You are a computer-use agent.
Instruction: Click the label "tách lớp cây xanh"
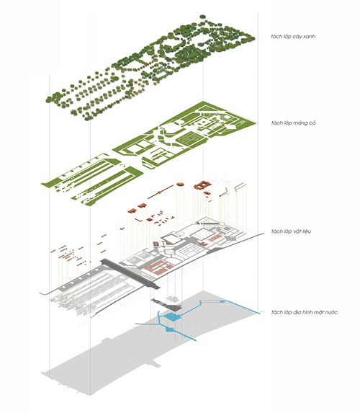pyautogui.click(x=293, y=36)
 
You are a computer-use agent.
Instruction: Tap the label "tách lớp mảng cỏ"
pyautogui.click(x=294, y=123)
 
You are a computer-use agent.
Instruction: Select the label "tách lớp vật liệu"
pyautogui.click(x=291, y=231)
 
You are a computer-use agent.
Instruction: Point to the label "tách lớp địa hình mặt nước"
pyautogui.click(x=305, y=312)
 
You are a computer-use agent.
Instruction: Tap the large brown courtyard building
pyautogui.click(x=202, y=185)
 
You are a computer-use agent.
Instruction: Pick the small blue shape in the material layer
pyautogui.click(x=122, y=228)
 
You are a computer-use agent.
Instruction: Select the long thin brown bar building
pyautogui.click(x=161, y=192)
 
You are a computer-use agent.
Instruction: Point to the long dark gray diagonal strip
pyautogui.click(x=130, y=273)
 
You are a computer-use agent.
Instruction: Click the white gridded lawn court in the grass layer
pyautogui.click(x=190, y=139)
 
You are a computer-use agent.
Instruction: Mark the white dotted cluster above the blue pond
pyautogui.click(x=172, y=299)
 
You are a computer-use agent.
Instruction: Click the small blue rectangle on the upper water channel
pyautogui.click(x=222, y=301)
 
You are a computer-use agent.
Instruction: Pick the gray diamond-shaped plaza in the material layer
pyautogui.click(x=231, y=239)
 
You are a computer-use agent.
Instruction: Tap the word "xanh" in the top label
pyautogui.click(x=309, y=37)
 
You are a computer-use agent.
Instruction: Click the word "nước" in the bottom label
pyautogui.click(x=331, y=312)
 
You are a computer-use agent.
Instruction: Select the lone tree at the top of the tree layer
pyautogui.click(x=202, y=17)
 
